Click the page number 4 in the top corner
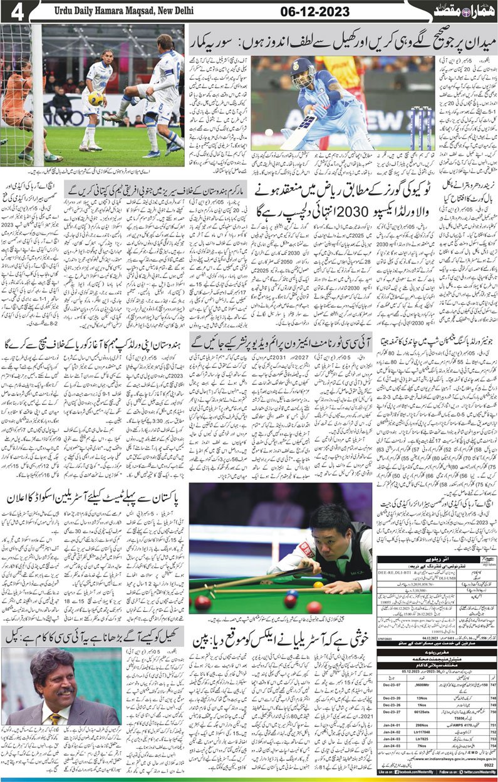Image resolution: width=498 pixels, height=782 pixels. tap(16, 12)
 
